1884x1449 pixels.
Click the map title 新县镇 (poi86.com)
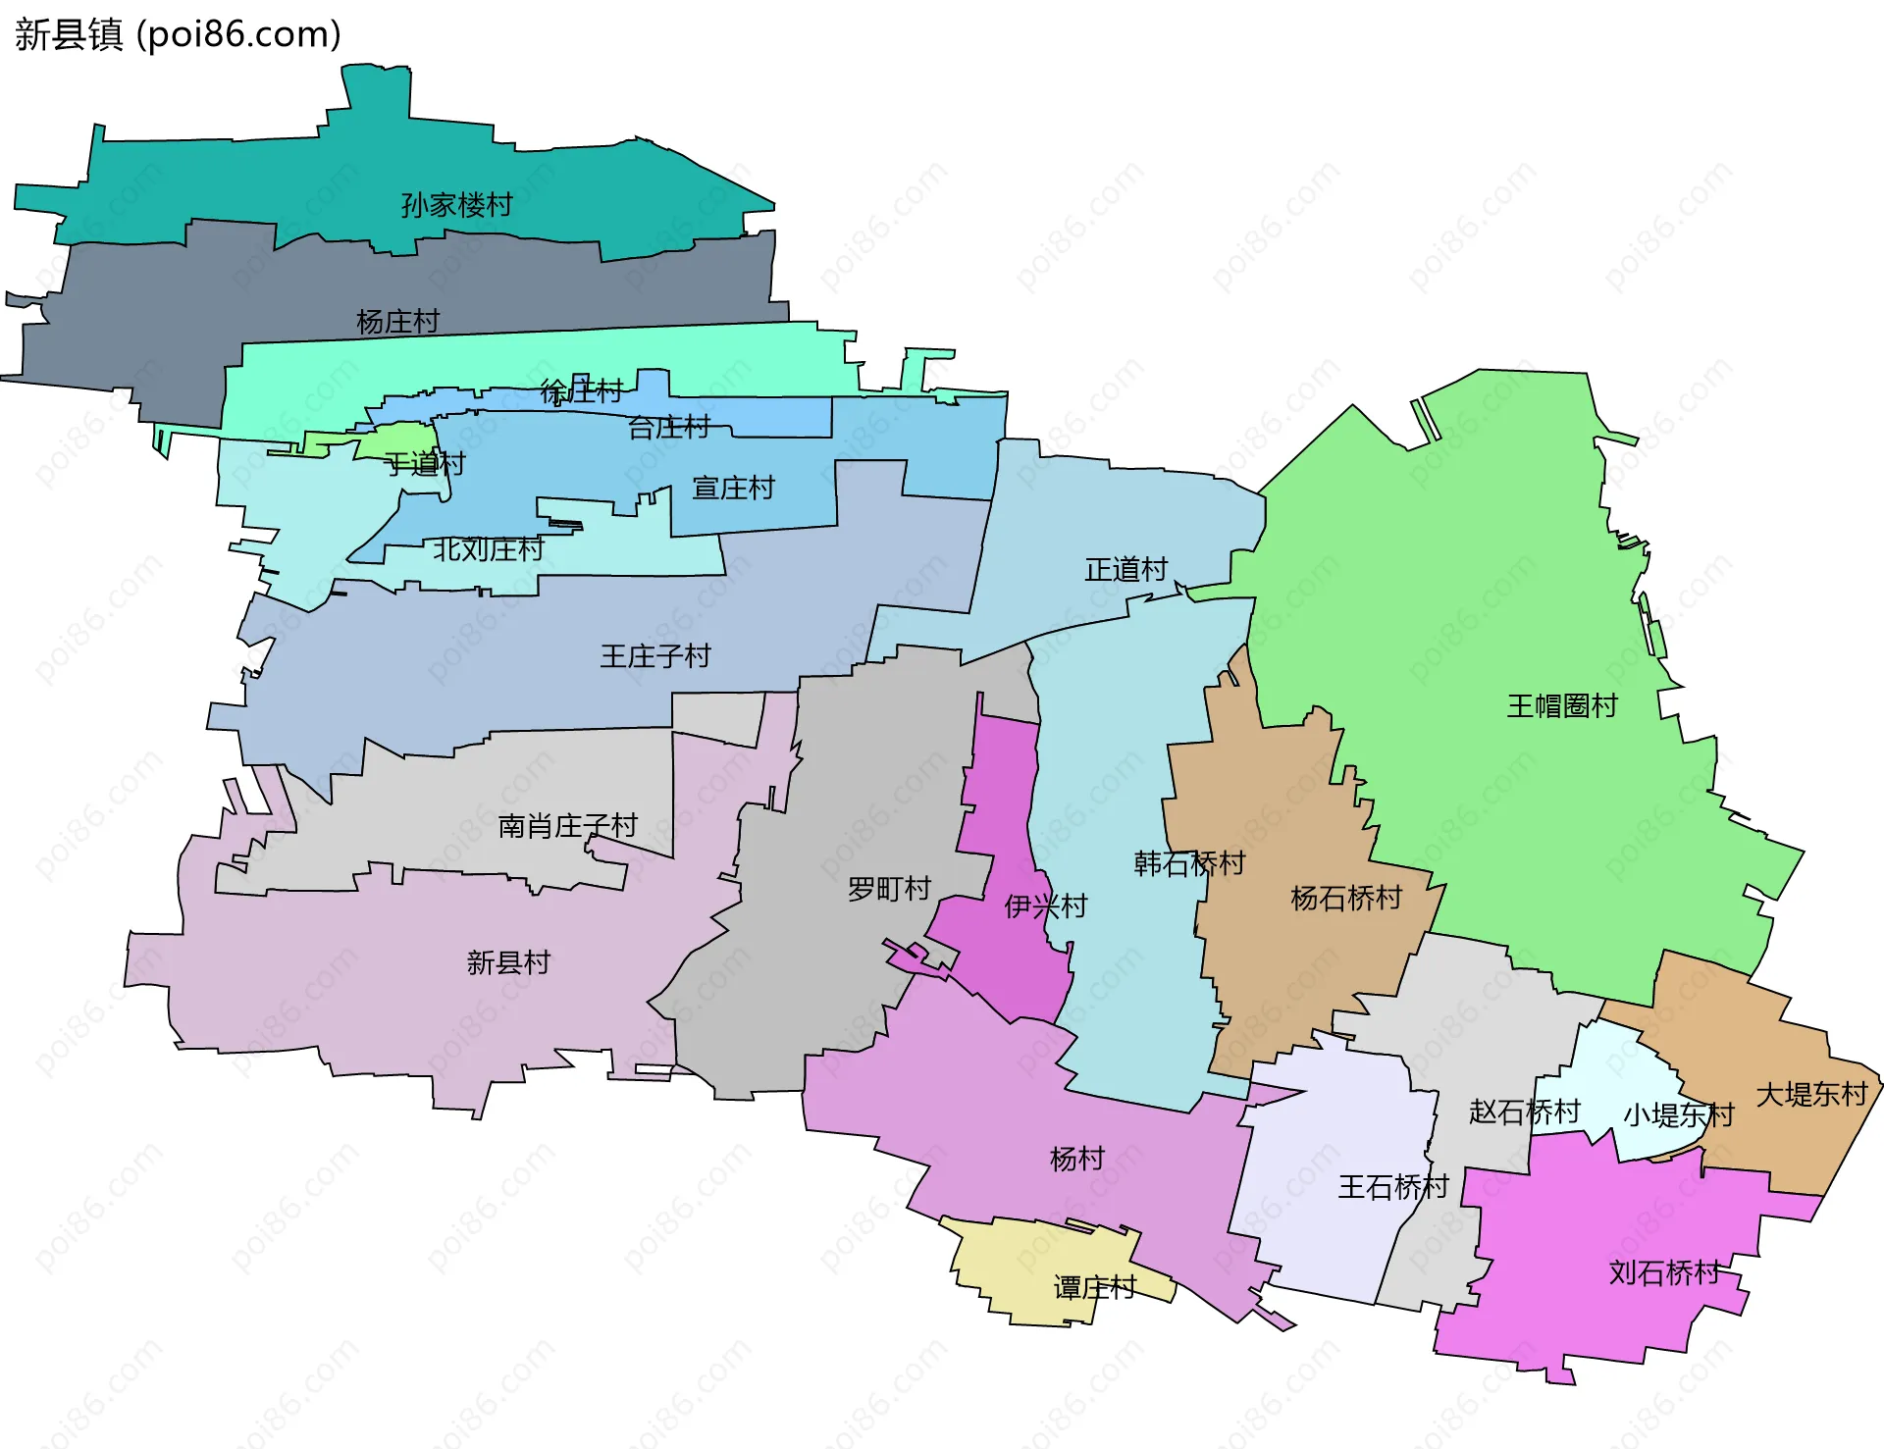tap(178, 34)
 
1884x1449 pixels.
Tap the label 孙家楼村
tap(456, 205)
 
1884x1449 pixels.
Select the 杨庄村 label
tap(397, 322)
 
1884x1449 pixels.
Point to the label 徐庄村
tap(581, 391)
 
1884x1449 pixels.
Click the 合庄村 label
tap(668, 427)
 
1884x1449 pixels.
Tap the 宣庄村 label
tap(733, 488)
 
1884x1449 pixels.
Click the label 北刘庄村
tap(488, 548)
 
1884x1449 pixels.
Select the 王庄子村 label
tap(654, 656)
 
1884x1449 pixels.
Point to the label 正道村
tap(1125, 569)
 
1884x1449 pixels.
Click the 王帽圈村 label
tap(1561, 705)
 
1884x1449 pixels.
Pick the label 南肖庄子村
tap(567, 826)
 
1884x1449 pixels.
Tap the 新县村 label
tap(508, 962)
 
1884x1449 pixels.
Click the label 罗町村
tap(889, 889)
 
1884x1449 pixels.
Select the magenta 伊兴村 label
tap(1045, 906)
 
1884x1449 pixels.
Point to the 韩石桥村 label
tap(1189, 863)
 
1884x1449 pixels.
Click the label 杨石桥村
tap(1345, 898)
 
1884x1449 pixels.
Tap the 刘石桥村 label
tap(1664, 1272)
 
